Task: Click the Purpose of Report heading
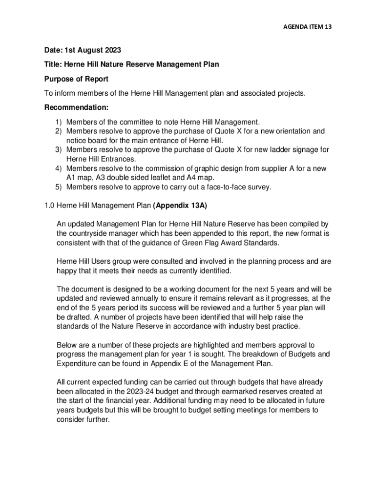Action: pos(76,79)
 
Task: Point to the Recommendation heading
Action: pos(76,107)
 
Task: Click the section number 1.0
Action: pos(49,206)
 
